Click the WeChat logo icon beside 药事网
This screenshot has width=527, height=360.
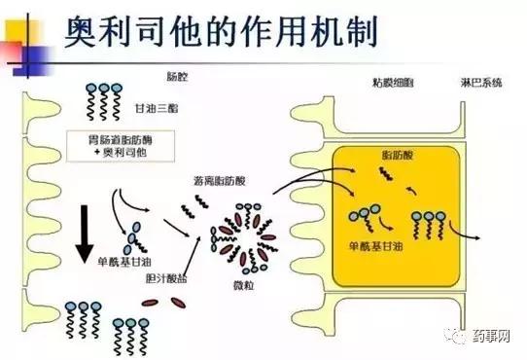(455, 334)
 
